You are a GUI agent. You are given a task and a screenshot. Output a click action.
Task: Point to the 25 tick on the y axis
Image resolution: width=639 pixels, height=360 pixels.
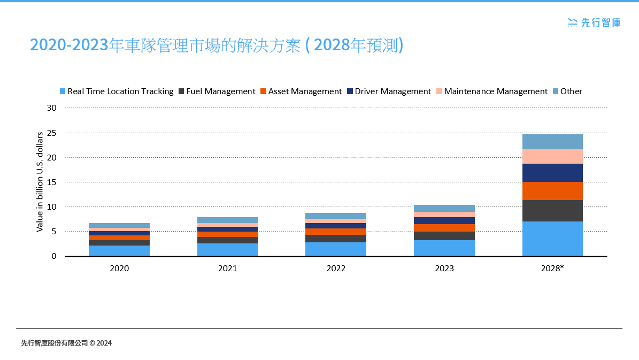52,133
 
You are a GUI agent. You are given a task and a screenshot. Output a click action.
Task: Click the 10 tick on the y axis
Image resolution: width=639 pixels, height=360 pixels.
52,207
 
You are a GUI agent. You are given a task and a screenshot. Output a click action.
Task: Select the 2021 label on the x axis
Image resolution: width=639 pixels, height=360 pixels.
228,269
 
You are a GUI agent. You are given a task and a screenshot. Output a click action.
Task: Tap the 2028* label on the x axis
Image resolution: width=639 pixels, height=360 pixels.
552,269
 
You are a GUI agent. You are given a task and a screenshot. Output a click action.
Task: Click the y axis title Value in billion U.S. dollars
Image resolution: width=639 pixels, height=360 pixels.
40,182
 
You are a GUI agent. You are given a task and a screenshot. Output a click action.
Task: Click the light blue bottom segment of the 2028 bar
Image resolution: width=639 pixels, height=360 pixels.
552,239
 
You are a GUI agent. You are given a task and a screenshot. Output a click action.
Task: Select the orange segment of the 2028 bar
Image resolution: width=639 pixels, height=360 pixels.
552,191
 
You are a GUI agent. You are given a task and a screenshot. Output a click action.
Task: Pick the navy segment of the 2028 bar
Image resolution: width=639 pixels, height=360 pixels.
552,173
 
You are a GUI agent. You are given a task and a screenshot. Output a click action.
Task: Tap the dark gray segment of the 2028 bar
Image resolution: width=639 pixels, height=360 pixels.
552,211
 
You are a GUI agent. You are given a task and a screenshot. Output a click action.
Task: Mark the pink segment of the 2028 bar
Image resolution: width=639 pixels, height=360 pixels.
552,156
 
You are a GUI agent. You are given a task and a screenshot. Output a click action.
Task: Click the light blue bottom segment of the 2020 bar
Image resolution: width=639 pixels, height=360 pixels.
119,250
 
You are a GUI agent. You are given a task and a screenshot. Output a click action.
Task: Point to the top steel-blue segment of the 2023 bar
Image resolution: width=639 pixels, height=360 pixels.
444,208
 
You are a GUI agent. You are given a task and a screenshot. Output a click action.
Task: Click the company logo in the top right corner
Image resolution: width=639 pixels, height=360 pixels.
594,22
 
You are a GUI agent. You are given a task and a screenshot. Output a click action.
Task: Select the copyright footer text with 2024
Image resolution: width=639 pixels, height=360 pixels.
66,343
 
